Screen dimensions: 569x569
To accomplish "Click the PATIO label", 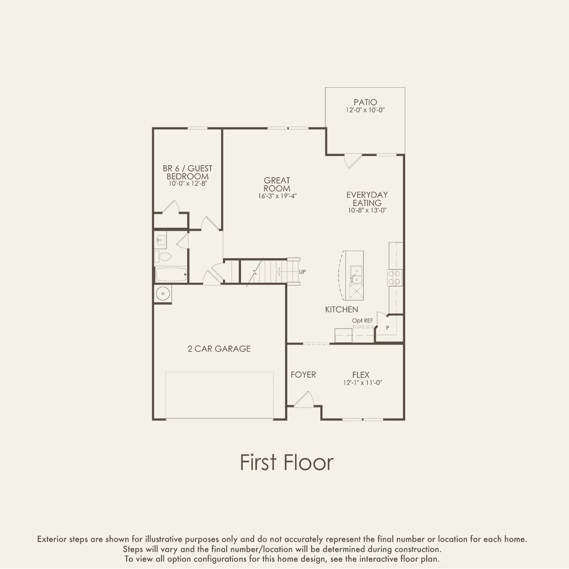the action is [x=365, y=102].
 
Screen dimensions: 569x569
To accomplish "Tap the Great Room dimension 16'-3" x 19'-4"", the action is [x=277, y=196].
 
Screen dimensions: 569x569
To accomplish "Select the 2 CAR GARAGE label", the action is [x=219, y=349].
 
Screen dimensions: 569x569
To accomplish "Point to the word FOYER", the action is [x=303, y=375].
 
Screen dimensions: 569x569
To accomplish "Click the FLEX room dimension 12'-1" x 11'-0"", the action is [x=363, y=383].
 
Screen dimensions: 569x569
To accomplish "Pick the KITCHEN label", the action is [x=342, y=309].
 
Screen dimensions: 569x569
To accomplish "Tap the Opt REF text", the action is [x=363, y=321].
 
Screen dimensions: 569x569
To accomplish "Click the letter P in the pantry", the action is [x=388, y=328].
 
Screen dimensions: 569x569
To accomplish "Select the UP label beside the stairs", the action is [x=302, y=272].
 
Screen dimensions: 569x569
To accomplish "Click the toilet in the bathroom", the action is [x=163, y=257].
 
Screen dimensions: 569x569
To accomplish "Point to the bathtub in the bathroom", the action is [x=171, y=274].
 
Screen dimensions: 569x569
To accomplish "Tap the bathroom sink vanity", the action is [x=160, y=240].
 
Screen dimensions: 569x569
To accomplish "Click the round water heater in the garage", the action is [x=163, y=294].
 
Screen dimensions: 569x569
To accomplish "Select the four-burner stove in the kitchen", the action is [x=395, y=278].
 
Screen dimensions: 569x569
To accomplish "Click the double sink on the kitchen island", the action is [x=357, y=274].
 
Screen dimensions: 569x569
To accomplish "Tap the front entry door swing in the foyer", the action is [x=304, y=399].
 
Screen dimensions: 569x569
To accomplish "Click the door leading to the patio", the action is [x=352, y=161].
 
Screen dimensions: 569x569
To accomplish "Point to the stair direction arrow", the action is [x=287, y=271].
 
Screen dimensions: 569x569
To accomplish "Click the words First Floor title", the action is [x=287, y=463].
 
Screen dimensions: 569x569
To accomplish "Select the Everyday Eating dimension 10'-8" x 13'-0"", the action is [x=367, y=210].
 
